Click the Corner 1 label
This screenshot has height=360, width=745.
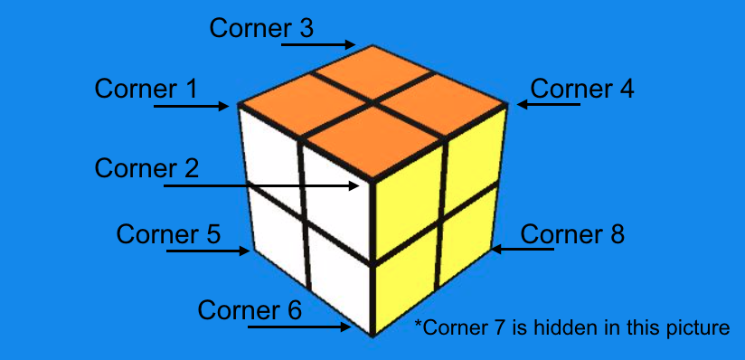[x=146, y=89]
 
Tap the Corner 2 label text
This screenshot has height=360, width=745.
[x=146, y=167]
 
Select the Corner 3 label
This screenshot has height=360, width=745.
[x=261, y=28]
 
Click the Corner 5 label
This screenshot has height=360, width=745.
[x=168, y=234]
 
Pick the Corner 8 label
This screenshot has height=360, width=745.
[x=572, y=234]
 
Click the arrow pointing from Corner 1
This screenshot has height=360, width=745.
[x=192, y=107]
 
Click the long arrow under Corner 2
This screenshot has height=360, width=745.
[x=261, y=186]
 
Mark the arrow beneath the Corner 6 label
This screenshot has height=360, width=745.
[x=298, y=327]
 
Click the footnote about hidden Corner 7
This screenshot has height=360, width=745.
[x=571, y=327]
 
